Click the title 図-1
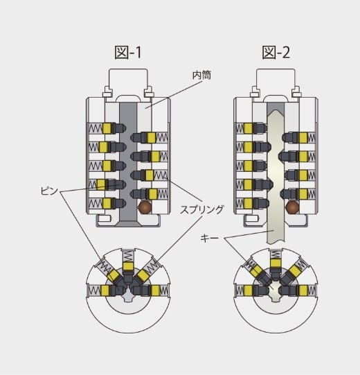pos(128,53)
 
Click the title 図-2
pos(276,53)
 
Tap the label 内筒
pos(202,75)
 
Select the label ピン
pos(49,191)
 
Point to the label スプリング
pos(202,209)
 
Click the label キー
pos(210,238)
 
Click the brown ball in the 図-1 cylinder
pos(145,207)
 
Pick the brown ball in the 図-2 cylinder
pos(292,207)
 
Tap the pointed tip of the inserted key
pos(276,111)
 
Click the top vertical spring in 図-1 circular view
pos(128,256)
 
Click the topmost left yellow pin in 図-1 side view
pos(107,128)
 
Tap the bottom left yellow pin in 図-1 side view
pos(107,203)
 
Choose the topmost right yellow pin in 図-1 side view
pos(151,137)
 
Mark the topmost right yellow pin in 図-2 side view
pos(303,137)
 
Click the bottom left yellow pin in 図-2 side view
pos(249,203)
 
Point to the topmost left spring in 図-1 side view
pos(96,128)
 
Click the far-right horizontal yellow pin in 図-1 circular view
pos(155,290)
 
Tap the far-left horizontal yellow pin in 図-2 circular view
pos(249,290)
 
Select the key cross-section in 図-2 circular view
pos(276,291)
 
